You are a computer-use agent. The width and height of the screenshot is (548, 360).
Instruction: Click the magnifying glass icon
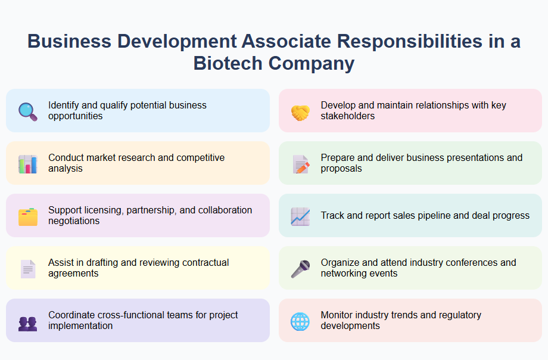coord(27,111)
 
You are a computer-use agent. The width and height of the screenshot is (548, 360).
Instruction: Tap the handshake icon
coord(300,111)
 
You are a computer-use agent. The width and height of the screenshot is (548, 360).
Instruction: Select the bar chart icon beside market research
coord(27,164)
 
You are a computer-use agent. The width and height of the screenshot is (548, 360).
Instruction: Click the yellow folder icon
coord(27,216)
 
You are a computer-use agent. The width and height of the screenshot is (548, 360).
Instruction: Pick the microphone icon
coord(300,269)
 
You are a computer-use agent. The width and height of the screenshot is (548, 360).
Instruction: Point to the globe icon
coord(300,321)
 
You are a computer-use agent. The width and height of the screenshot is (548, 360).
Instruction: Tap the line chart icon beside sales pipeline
coord(300,216)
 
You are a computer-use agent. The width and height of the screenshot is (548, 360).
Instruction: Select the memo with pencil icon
coord(300,164)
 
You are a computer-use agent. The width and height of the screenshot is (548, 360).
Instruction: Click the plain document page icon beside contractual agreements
coord(27,269)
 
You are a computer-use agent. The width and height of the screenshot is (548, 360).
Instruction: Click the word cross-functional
coord(129,315)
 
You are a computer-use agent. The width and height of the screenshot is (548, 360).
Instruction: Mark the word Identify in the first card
coord(63,105)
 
